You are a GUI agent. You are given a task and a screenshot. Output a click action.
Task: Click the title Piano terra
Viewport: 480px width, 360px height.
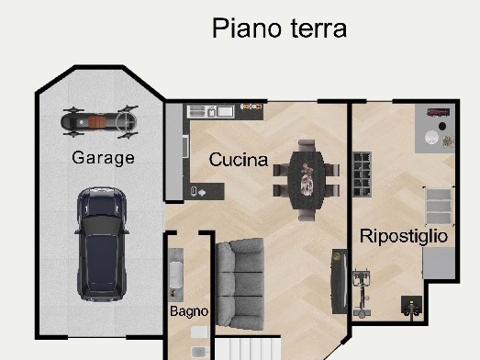point(279,28)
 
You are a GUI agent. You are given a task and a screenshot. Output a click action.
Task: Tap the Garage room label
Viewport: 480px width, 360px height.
point(103,158)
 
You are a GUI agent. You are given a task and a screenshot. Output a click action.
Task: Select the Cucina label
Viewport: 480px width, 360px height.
point(238,160)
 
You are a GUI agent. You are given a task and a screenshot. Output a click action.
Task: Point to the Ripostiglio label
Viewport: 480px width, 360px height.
point(404,237)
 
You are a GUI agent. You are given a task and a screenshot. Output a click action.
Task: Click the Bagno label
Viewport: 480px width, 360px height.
point(189,311)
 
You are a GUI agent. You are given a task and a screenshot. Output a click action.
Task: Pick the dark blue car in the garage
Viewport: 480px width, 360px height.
point(102,244)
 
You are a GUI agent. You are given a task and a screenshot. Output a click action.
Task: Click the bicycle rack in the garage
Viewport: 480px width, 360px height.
point(100,121)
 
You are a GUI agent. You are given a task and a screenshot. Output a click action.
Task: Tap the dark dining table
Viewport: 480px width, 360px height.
point(307,181)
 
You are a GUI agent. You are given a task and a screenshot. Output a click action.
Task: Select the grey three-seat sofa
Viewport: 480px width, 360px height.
point(240,284)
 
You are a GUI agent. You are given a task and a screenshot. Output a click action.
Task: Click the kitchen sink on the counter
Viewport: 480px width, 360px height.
point(210,111)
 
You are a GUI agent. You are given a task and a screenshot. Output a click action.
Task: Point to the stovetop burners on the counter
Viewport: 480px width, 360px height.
point(251,107)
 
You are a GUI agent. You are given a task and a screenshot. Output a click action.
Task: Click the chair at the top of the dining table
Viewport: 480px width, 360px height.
point(307,146)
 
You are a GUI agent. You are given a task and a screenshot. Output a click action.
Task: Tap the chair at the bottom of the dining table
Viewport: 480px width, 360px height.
point(307,215)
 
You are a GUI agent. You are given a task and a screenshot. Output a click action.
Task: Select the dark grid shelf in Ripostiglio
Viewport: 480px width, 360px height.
point(362,174)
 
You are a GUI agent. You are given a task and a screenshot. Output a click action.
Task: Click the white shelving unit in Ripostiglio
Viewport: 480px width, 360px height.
point(439,207)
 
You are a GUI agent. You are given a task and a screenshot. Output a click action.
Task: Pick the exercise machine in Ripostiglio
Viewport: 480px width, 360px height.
point(362,294)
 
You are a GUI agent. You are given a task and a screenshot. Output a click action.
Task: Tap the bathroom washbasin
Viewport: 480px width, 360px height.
point(175,276)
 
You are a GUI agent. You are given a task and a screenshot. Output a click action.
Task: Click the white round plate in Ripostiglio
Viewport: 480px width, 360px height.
point(431,137)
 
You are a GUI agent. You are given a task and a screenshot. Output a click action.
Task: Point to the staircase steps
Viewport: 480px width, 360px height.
point(248,349)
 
